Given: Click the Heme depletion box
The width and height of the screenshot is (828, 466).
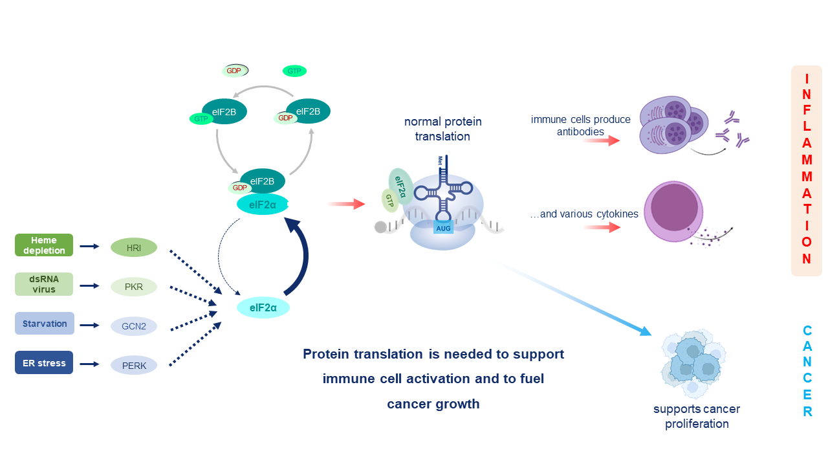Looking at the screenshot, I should tap(44, 245).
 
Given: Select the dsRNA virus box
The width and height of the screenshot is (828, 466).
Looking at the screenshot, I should tap(44, 284).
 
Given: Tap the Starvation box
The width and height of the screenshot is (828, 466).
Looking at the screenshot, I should tap(44, 324).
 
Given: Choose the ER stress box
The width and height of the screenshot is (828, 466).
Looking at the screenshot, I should tap(44, 362).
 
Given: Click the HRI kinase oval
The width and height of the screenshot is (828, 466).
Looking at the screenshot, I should tap(134, 247).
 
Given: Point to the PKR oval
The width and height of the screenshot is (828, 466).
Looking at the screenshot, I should tap(134, 286).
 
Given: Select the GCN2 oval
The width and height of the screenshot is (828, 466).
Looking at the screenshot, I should tap(134, 326).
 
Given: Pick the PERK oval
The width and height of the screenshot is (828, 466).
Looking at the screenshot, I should tap(134, 365).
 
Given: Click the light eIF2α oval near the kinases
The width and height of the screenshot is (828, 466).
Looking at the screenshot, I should tap(263, 307).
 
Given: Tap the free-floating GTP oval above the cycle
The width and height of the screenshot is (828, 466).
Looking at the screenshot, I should tap(294, 71).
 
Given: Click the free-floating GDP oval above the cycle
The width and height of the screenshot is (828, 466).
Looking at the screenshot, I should tap(235, 71).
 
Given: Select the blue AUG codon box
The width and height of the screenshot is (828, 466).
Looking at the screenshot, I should tap(443, 227).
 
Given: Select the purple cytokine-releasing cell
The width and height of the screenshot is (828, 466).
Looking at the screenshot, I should tap(675, 210).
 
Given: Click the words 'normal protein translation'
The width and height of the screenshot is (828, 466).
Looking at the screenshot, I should tap(443, 129).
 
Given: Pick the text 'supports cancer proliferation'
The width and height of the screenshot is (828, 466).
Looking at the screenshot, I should tap(696, 416).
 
